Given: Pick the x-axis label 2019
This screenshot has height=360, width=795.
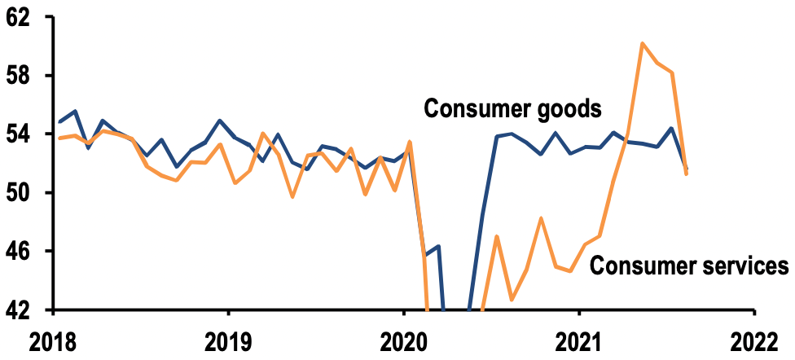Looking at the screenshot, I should pyautogui.click(x=228, y=342).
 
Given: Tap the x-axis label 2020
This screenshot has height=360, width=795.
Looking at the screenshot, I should pyautogui.click(x=403, y=342).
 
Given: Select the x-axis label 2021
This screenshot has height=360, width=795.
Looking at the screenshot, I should pyautogui.click(x=578, y=342).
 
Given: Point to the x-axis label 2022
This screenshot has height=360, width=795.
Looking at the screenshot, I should pyautogui.click(x=753, y=342).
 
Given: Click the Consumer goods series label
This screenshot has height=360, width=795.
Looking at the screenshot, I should pyautogui.click(x=513, y=108).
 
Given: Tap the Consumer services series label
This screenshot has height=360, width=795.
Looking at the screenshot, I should pyautogui.click(x=688, y=265).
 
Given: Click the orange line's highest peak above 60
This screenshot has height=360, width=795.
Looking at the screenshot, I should pyautogui.click(x=643, y=43).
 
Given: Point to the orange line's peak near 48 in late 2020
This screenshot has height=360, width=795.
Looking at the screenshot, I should pyautogui.click(x=541, y=218).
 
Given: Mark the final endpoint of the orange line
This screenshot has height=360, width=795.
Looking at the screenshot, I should pyautogui.click(x=687, y=173).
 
